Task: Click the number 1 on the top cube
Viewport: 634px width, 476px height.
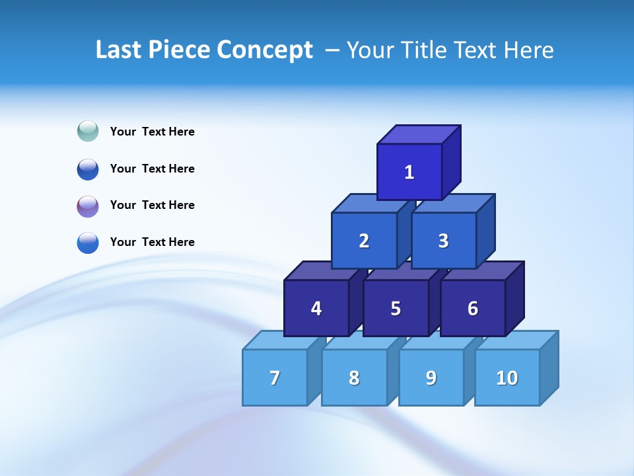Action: pos(409,173)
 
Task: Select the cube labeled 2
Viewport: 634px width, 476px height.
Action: pos(364,241)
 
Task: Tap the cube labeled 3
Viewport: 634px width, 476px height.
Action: pos(443,241)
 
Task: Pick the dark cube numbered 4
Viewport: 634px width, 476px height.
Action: pos(316,308)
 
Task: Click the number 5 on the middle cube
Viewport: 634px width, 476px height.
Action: pos(396,308)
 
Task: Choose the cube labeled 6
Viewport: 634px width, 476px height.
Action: pos(473,308)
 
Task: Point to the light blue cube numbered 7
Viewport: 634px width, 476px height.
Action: pos(275,377)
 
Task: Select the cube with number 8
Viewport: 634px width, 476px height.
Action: pos(354,377)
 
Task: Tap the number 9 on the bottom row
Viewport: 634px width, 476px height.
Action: pos(431,377)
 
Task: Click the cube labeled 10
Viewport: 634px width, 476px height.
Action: pos(507,377)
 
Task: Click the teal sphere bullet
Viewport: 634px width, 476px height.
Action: pos(88,131)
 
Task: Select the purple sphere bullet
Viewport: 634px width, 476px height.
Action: pos(88,206)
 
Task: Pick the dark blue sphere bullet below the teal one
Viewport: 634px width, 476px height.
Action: pos(88,169)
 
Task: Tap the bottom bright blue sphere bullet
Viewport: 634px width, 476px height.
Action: pos(88,243)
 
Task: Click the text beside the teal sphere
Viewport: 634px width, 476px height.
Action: pos(153,132)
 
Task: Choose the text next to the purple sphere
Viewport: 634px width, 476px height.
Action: pos(153,205)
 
